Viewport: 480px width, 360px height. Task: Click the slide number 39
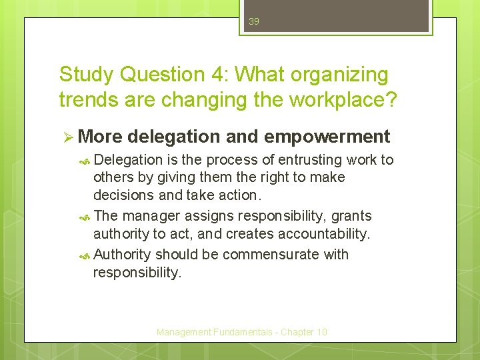point(253,21)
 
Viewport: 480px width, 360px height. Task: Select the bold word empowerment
point(327,137)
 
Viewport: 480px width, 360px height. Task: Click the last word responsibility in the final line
point(137,273)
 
